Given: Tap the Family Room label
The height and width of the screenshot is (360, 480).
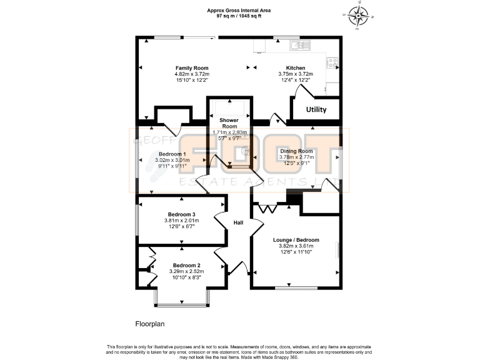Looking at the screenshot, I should click(x=192, y=67).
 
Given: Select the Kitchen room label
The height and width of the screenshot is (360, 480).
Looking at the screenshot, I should click(x=296, y=67).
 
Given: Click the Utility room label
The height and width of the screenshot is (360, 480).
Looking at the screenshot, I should click(x=316, y=109).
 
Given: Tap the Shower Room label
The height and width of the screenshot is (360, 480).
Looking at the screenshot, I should click(x=230, y=122).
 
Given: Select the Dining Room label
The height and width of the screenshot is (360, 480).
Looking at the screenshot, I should click(x=296, y=151).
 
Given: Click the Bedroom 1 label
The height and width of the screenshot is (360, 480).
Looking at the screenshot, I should click(x=171, y=154).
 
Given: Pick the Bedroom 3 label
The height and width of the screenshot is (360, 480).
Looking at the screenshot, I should click(x=181, y=214).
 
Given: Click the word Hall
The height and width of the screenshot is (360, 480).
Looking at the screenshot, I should click(x=238, y=223).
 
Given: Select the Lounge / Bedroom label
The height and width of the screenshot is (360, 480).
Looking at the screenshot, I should click(x=296, y=240).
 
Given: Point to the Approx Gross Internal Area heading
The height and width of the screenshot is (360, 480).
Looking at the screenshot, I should click(x=239, y=10).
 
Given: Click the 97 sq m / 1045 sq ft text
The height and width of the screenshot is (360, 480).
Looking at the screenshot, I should click(x=239, y=16).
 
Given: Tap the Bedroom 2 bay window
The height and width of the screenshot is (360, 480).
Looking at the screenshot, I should click(x=182, y=305).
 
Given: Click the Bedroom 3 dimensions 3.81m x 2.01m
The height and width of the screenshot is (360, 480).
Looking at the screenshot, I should click(x=181, y=220).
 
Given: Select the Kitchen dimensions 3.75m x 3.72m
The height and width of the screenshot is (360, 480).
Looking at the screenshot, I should click(x=296, y=74).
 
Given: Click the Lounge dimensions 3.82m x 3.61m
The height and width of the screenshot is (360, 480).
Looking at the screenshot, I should click(x=296, y=246).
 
